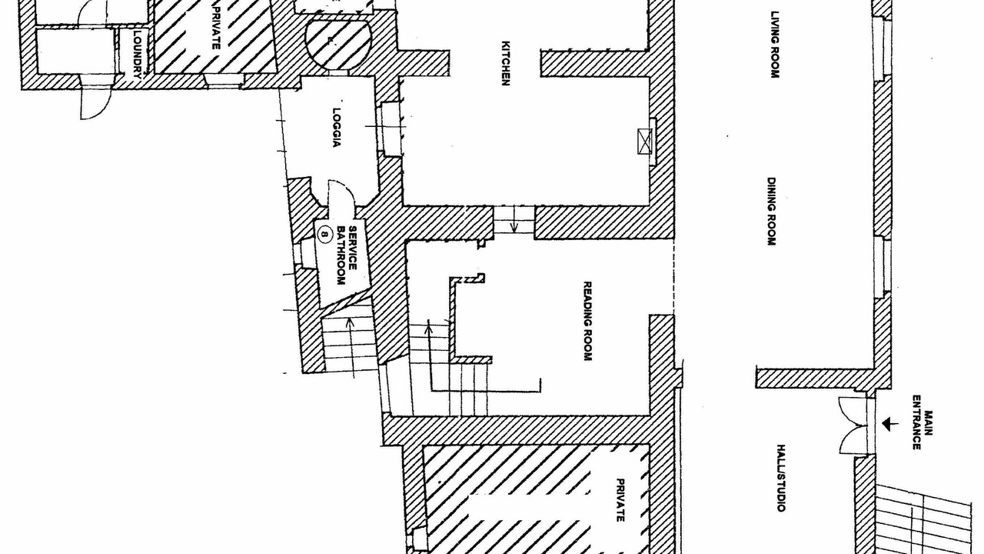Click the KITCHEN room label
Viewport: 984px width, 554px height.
[506, 63]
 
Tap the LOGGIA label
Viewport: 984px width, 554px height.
[337, 128]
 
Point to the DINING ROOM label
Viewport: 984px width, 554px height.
[771, 212]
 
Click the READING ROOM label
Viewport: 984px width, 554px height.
[587, 321]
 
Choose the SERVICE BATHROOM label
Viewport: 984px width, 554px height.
[347, 255]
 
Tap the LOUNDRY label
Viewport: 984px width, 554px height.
[138, 54]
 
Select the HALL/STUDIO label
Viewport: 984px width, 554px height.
[780, 478]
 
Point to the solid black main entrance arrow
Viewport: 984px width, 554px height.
[890, 424]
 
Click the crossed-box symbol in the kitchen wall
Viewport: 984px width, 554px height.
[644, 142]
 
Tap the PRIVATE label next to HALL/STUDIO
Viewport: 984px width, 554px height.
[620, 500]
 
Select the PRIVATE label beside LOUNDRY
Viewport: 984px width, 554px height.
[216, 27]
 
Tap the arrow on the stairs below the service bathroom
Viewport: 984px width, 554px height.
[351, 347]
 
